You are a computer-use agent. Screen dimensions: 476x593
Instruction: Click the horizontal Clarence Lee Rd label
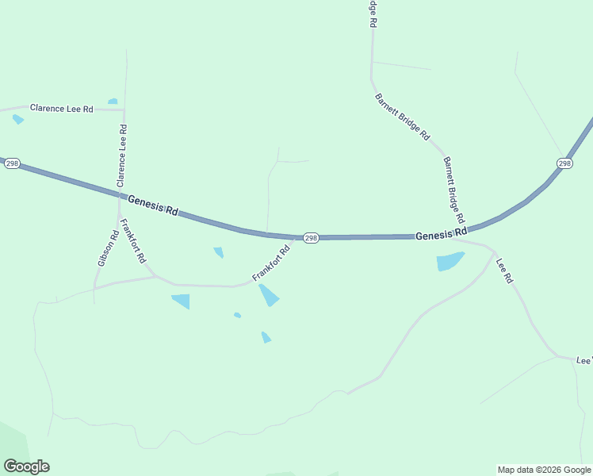tap(62, 108)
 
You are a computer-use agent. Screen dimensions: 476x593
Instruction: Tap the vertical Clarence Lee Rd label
tap(122, 155)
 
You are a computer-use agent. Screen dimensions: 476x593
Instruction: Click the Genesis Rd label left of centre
tap(153, 208)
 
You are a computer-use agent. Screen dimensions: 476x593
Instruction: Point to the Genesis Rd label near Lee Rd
tap(440, 235)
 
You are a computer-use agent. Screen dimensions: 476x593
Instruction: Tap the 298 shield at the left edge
tap(11, 163)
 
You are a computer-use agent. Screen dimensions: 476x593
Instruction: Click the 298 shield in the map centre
tap(311, 238)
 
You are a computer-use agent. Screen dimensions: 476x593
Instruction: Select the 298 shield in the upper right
tap(564, 163)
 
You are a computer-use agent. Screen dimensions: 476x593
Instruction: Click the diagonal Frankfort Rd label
tap(271, 263)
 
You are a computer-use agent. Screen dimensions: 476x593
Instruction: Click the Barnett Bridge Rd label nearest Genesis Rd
tap(453, 189)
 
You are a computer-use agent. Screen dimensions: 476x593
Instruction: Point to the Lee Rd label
tap(505, 271)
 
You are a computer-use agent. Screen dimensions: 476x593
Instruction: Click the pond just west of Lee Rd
tap(450, 262)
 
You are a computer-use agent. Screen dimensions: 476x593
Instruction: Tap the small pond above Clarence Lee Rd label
tap(113, 102)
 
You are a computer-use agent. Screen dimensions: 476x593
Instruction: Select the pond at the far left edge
tap(17, 119)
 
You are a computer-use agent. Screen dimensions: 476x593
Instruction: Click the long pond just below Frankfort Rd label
tap(269, 295)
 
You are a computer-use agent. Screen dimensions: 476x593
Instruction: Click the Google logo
tap(26, 466)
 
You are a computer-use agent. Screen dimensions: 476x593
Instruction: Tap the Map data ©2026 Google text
tap(545, 470)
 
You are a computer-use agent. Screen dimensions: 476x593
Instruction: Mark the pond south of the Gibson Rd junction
tap(182, 301)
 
